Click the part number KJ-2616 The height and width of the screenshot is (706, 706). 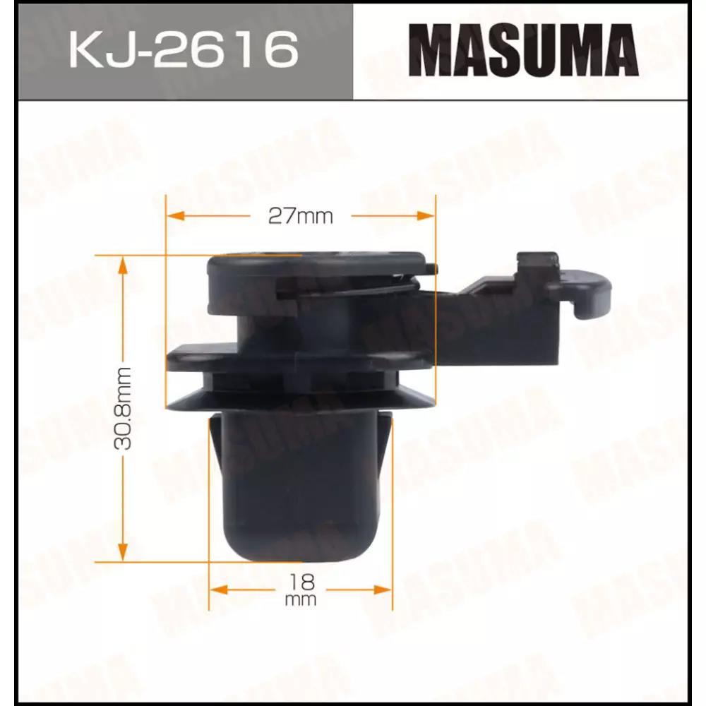(184, 49)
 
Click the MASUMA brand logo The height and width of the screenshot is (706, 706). (524, 50)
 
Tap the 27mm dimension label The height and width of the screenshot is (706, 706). (300, 217)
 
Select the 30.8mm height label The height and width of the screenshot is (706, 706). (122, 408)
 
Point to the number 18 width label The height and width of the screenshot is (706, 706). (301, 582)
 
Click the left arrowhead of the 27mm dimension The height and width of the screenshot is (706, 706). (176, 215)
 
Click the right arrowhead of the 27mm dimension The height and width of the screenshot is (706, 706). (426, 215)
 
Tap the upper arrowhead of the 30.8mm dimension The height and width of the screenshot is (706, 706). (122, 265)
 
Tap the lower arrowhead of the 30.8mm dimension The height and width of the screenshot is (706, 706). (122, 552)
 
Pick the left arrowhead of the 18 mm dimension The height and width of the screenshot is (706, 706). (219, 590)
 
